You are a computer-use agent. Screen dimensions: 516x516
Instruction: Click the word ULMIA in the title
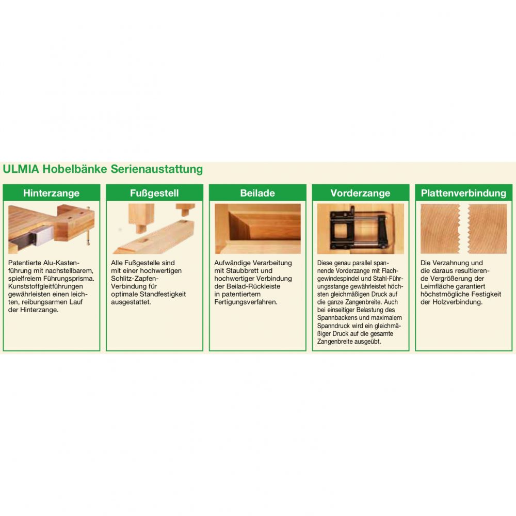point(21,169)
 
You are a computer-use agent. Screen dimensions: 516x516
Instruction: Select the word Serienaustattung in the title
point(157,169)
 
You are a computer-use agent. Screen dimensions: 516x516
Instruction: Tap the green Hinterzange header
point(51,193)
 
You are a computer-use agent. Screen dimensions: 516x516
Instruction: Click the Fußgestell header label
point(154,193)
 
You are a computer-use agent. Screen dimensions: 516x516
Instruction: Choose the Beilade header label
point(257,193)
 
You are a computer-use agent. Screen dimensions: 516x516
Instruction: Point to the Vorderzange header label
point(360,193)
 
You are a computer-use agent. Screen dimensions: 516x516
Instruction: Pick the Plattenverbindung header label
point(463,193)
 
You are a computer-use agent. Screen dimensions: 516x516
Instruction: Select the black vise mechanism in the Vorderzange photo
point(359,228)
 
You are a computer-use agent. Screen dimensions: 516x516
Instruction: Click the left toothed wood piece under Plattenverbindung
point(440,229)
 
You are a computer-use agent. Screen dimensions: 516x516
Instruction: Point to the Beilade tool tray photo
point(257,229)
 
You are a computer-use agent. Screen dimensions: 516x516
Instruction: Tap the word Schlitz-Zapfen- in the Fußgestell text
point(135,279)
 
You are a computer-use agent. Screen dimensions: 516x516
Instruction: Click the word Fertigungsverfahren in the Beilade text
point(245,302)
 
